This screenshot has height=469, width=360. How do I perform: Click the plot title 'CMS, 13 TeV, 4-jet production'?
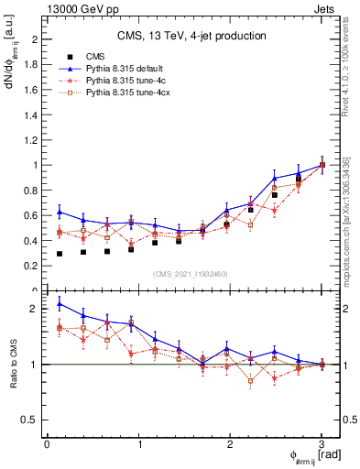click(x=191, y=37)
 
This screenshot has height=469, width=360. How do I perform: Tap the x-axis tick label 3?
click(x=322, y=444)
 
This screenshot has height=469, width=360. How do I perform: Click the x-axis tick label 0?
click(x=47, y=444)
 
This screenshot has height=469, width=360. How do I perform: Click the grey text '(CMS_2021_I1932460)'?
click(x=191, y=274)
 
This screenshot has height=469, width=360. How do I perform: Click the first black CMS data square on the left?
click(x=60, y=254)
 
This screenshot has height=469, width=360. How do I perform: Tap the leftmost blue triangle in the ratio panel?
click(x=60, y=304)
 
